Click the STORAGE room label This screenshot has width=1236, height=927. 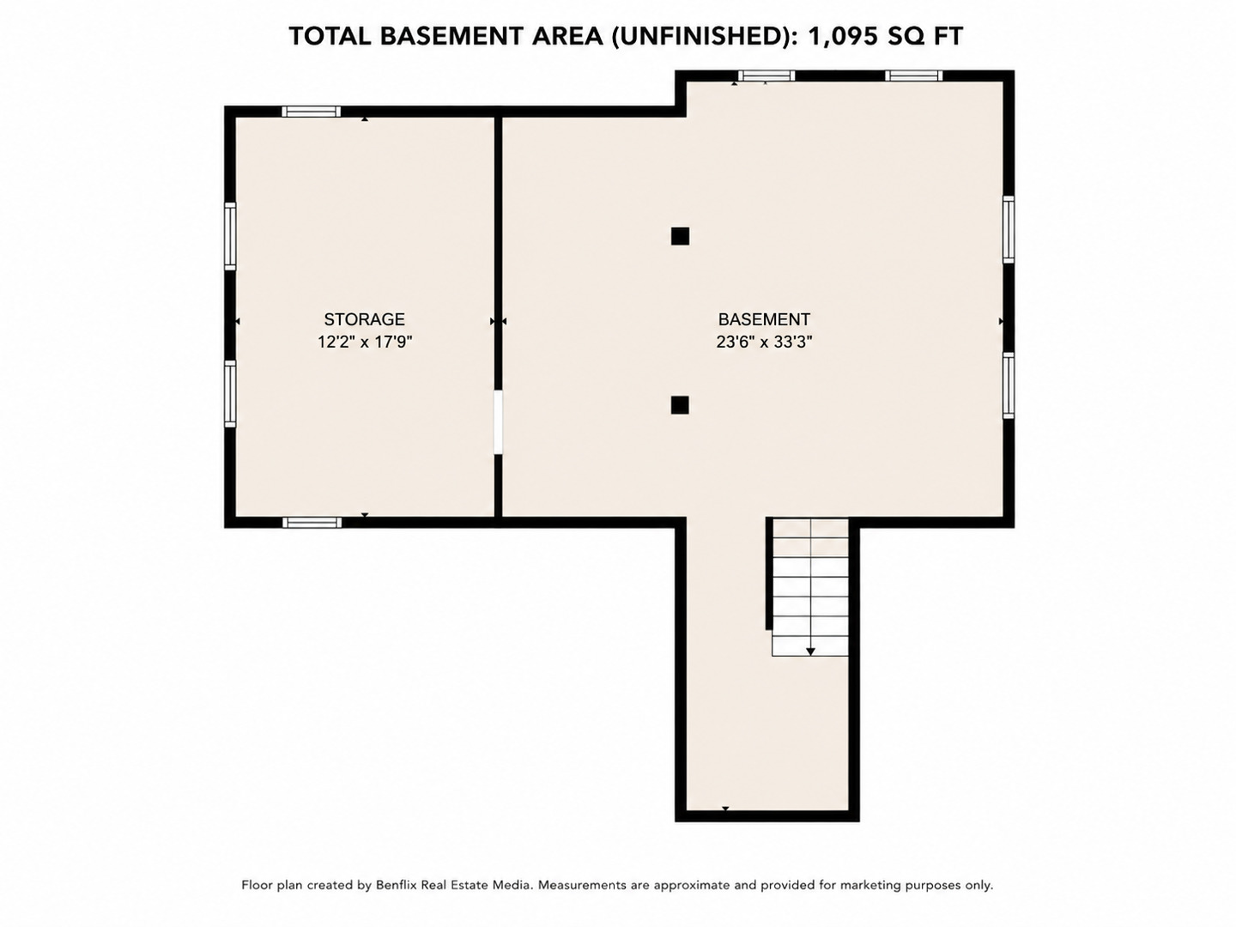pyautogui.click(x=364, y=319)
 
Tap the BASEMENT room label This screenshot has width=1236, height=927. pyautogui.click(x=764, y=319)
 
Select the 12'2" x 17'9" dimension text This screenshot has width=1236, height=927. pyautogui.click(x=365, y=342)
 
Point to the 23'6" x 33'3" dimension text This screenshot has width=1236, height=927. pyautogui.click(x=764, y=342)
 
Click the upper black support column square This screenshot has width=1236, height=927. pyautogui.click(x=680, y=236)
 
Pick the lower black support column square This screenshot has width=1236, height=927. pyautogui.click(x=680, y=405)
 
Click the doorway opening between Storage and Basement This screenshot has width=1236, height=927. pyautogui.click(x=498, y=422)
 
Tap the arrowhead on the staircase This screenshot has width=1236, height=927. pyautogui.click(x=810, y=651)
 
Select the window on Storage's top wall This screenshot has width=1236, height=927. pyautogui.click(x=311, y=112)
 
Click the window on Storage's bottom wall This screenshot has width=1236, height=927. pyautogui.click(x=312, y=523)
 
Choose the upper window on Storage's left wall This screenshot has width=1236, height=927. pyautogui.click(x=230, y=236)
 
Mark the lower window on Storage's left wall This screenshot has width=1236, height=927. pyautogui.click(x=230, y=394)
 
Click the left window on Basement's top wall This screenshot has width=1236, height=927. pyautogui.click(x=766, y=76)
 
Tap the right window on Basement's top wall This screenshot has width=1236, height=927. pyautogui.click(x=913, y=76)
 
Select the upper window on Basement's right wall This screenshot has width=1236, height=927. pyautogui.click(x=1009, y=229)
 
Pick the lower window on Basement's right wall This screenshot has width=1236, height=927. pyautogui.click(x=1009, y=385)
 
